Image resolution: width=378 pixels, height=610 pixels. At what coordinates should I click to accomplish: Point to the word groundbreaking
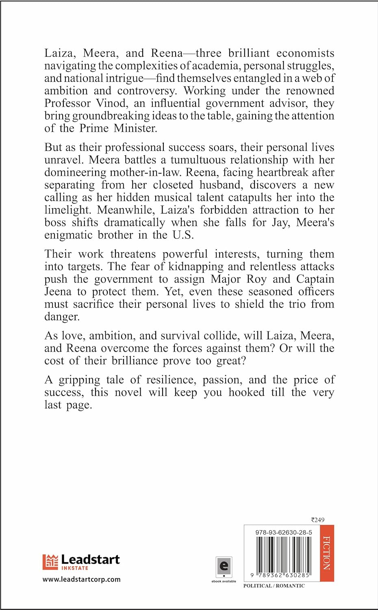click(111, 116)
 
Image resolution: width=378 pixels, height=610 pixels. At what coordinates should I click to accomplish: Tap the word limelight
click(68, 210)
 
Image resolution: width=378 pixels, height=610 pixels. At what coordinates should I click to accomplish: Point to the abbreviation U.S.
click(183, 235)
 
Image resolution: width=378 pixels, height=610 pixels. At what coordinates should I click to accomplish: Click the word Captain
click(315, 279)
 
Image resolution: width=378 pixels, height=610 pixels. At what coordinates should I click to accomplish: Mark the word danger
click(62, 317)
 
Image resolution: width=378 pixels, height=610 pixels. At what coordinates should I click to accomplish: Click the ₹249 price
click(318, 520)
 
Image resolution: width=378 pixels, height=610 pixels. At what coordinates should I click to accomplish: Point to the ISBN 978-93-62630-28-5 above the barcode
click(284, 532)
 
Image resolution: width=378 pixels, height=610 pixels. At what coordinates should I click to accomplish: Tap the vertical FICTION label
click(327, 553)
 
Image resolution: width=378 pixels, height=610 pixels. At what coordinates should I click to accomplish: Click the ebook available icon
click(224, 567)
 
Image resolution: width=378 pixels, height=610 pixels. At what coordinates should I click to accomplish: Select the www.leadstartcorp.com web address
click(82, 579)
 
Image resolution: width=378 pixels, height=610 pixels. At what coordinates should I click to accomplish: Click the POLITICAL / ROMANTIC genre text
click(274, 586)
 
